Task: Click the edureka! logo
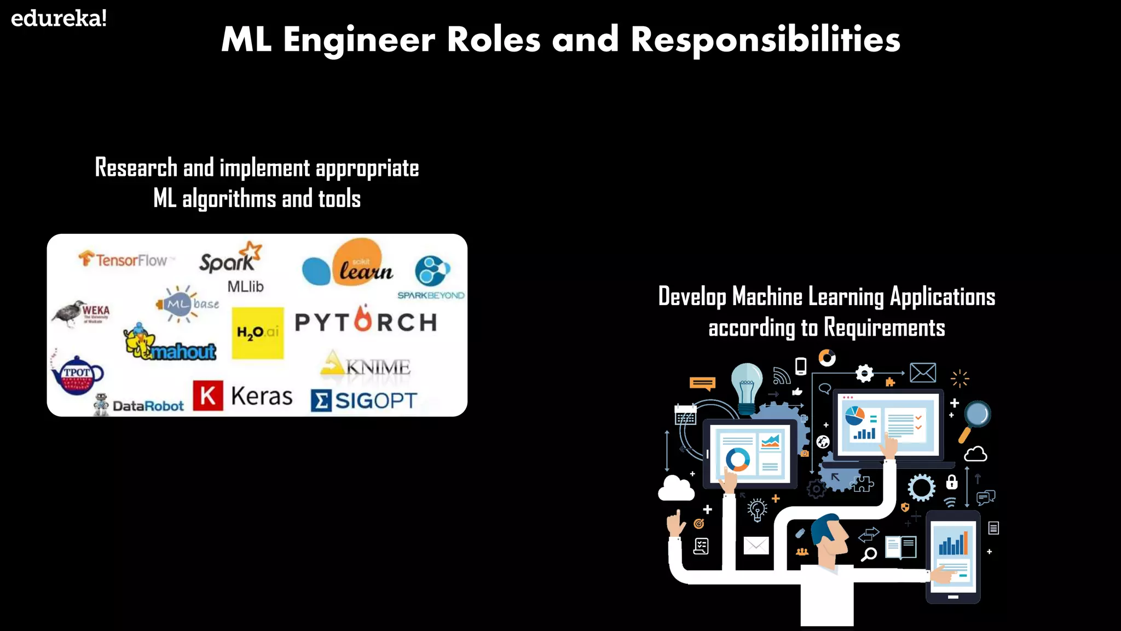point(59,19)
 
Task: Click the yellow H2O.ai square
point(257,332)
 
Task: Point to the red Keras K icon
point(208,395)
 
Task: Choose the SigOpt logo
point(363,400)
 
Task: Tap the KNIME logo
point(366,364)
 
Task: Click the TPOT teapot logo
point(76,375)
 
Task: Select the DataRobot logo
point(140,405)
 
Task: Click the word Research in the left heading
point(136,168)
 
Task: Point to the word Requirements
point(884,328)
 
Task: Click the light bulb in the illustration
point(747,386)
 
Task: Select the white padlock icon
point(952,482)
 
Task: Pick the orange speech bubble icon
point(702,383)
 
